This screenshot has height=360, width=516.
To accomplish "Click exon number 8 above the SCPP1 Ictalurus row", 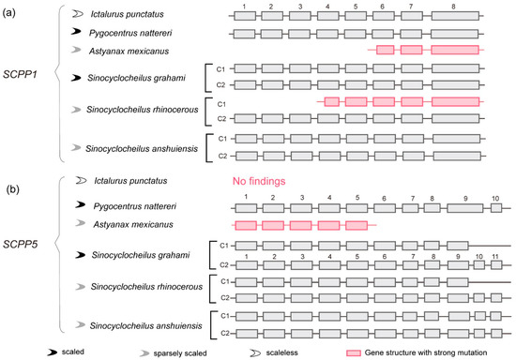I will pyautogui.click(x=455, y=7).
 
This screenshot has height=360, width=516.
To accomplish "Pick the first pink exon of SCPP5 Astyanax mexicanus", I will pyautogui.click(x=245, y=226).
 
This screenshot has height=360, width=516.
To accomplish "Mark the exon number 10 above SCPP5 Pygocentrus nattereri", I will pyautogui.click(x=495, y=197).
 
